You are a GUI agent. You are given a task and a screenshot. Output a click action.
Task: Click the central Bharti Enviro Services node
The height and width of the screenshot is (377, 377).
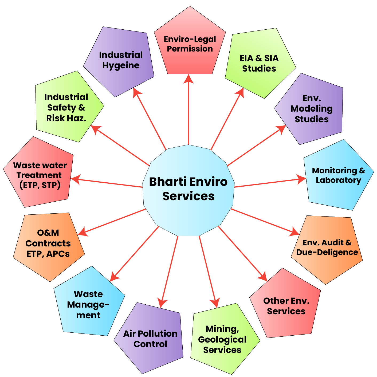[189, 190]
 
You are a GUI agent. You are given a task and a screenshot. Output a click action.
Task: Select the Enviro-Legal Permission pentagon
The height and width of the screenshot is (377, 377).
[190, 44]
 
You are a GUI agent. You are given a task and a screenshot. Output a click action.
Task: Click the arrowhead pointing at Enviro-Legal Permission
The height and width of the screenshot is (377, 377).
[189, 79]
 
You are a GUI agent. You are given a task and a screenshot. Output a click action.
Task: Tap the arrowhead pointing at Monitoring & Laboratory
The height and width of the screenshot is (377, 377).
[301, 179]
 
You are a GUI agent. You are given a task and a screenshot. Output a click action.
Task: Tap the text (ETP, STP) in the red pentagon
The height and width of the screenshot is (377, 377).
[40, 185]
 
